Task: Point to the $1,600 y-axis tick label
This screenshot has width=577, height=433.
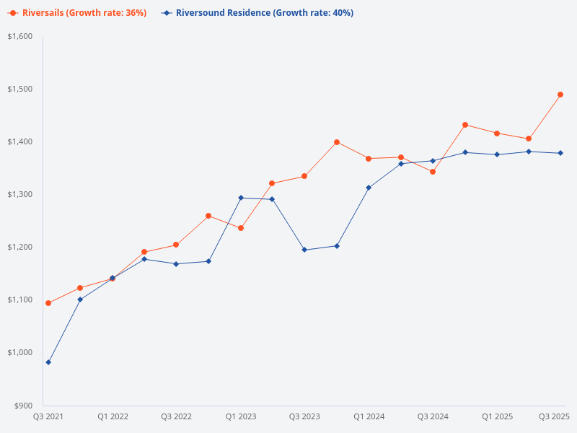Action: coord(20,36)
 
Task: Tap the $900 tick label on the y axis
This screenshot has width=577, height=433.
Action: coord(23,406)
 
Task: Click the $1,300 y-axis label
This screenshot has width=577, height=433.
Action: coord(20,194)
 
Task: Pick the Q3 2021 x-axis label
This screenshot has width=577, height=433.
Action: coord(48,416)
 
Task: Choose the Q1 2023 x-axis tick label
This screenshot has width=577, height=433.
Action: coord(241,416)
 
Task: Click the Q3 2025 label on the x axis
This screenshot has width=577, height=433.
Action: coord(555,416)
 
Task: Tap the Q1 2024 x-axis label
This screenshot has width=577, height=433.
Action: coord(369,416)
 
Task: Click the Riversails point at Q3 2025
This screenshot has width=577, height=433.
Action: coord(560,95)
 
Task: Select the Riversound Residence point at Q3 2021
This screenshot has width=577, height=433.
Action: coord(48,362)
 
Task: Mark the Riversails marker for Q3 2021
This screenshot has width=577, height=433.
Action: coord(48,303)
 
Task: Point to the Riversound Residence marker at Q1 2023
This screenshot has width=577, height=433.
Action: coord(241,198)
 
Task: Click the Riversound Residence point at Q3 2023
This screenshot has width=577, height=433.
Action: coord(304,250)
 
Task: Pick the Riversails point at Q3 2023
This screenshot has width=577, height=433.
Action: coord(304,176)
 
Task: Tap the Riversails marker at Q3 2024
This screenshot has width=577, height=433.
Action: coord(433,172)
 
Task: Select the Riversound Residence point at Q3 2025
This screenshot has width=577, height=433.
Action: coord(560,153)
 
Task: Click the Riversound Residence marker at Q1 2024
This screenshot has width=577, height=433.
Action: coord(369,188)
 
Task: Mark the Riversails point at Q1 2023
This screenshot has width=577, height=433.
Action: coord(241,228)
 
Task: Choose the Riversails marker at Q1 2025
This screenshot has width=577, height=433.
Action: coord(497,134)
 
